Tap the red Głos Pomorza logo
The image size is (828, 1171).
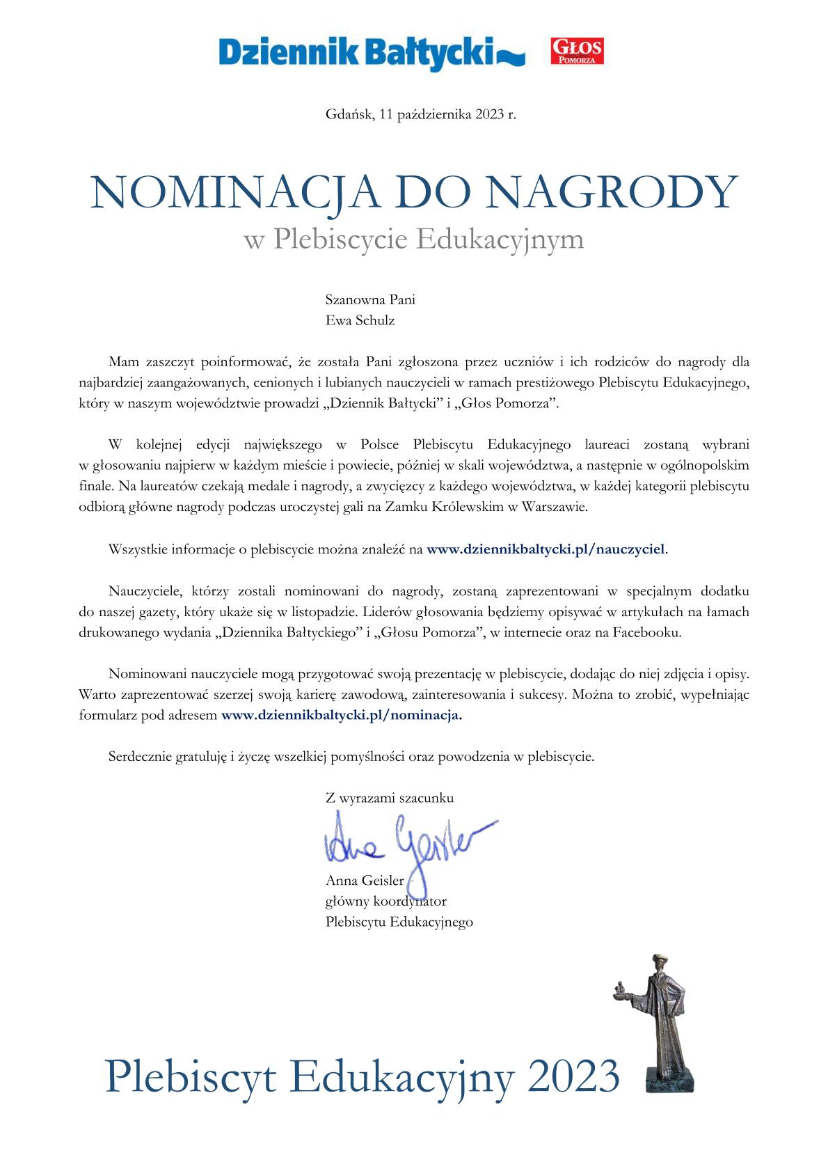[577, 52]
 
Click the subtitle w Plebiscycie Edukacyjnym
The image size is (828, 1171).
[413, 239]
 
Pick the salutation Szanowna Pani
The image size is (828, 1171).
[370, 300]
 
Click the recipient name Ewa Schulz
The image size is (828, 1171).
[360, 321]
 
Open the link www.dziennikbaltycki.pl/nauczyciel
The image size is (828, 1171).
[546, 549]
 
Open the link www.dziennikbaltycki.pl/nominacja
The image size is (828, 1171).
[341, 715]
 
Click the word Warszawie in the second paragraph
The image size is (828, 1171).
[559, 508]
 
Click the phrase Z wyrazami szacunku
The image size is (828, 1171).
[389, 799]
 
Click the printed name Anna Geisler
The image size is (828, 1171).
[365, 881]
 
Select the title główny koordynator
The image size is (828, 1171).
[385, 902]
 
